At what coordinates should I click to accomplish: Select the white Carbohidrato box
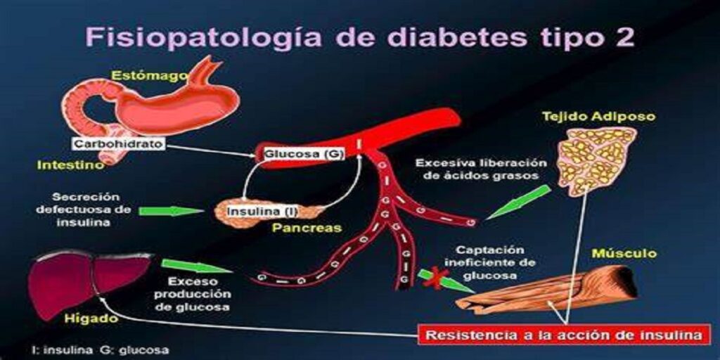pos(119,143)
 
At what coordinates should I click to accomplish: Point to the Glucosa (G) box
pos(303,154)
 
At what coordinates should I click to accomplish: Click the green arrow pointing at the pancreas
pos(171,211)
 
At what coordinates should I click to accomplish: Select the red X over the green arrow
pos(436,278)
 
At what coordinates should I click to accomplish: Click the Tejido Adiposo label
pos(599,117)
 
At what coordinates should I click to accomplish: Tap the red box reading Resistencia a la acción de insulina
pos(563,335)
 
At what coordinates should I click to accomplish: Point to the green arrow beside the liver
pos(197,266)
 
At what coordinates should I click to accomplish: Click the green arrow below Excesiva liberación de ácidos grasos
pos(517,202)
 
